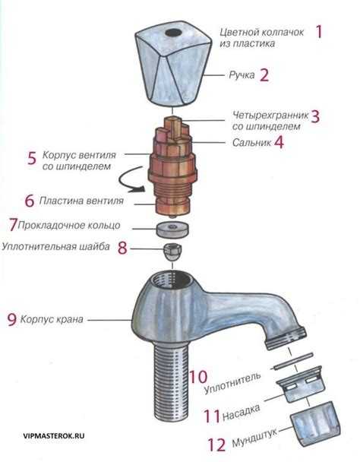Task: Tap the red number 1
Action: [x=320, y=32]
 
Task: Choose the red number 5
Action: [x=32, y=158]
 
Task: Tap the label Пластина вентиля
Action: [x=84, y=201]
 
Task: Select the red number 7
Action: [x=12, y=224]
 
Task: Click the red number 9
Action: [x=11, y=320]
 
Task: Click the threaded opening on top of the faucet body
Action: [x=169, y=280]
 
